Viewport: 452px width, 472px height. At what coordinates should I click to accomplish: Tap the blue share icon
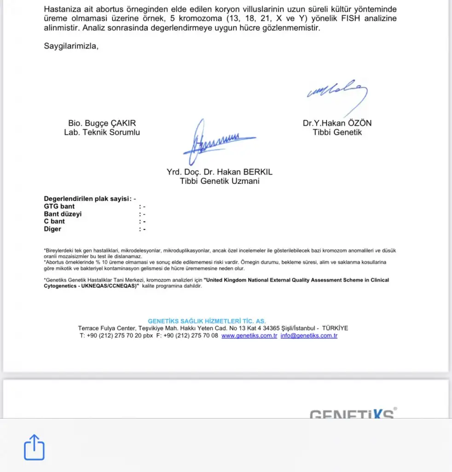click(x=34, y=447)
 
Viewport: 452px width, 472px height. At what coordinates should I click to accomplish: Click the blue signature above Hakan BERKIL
click(x=216, y=141)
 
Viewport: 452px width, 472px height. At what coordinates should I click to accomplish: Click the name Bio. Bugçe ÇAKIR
click(x=102, y=123)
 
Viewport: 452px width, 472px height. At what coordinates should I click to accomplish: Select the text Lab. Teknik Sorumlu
click(x=102, y=132)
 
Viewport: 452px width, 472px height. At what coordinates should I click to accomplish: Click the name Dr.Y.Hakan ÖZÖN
click(x=337, y=123)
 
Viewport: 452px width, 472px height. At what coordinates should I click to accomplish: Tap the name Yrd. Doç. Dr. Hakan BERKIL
click(x=220, y=172)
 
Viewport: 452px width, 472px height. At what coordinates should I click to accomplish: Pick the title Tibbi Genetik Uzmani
click(x=220, y=181)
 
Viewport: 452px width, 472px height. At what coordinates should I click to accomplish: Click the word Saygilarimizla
click(x=71, y=46)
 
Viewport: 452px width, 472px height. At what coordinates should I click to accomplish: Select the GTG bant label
click(x=59, y=206)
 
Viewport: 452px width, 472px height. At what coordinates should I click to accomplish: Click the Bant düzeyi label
click(x=63, y=214)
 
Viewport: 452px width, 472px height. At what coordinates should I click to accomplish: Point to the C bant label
click(x=54, y=221)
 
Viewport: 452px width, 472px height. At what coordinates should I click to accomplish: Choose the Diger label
click(x=52, y=229)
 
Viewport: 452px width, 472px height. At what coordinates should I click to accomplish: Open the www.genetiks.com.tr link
click(x=249, y=336)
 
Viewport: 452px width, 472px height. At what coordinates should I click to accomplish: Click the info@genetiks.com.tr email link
click(x=309, y=336)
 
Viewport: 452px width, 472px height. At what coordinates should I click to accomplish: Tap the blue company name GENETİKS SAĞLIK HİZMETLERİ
click(x=207, y=321)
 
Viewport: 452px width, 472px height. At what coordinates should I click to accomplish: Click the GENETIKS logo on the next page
click(x=353, y=413)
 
